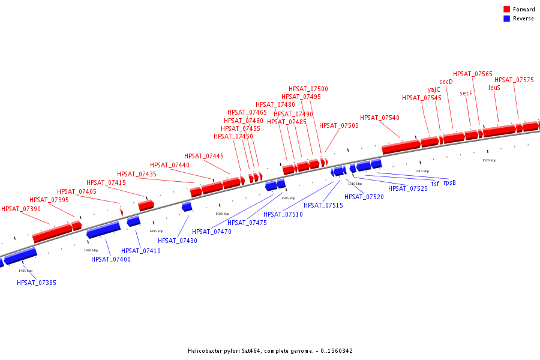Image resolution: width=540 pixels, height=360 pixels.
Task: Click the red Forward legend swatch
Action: [506, 10]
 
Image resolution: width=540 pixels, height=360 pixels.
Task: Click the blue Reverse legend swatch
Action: [506, 19]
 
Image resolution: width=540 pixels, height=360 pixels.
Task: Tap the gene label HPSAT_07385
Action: [37, 283]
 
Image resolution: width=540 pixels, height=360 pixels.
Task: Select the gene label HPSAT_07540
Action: [380, 118]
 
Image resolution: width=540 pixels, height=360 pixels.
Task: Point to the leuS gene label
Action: [494, 88]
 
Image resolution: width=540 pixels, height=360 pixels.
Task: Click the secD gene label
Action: [446, 82]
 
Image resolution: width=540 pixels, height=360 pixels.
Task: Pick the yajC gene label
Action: [434, 89]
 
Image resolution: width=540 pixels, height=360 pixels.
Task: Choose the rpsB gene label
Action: [449, 183]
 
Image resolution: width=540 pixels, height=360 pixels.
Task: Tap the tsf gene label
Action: [435, 184]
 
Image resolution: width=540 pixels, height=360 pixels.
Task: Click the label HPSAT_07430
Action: [178, 241]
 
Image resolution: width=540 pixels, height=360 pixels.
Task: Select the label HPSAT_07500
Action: [308, 89]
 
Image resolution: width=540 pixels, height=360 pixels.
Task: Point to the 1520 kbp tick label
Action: [489, 160]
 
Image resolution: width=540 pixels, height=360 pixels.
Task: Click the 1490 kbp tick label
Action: [91, 250]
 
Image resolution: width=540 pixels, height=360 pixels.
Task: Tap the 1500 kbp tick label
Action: [222, 214]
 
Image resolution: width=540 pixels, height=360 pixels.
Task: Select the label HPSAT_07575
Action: [514, 80]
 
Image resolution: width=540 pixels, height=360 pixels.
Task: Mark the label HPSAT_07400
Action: [111, 259]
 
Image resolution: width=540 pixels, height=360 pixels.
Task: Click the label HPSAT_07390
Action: [21, 209]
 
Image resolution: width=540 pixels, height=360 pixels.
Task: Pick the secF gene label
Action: [466, 93]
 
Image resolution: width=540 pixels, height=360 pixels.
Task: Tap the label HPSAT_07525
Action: [408, 188]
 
